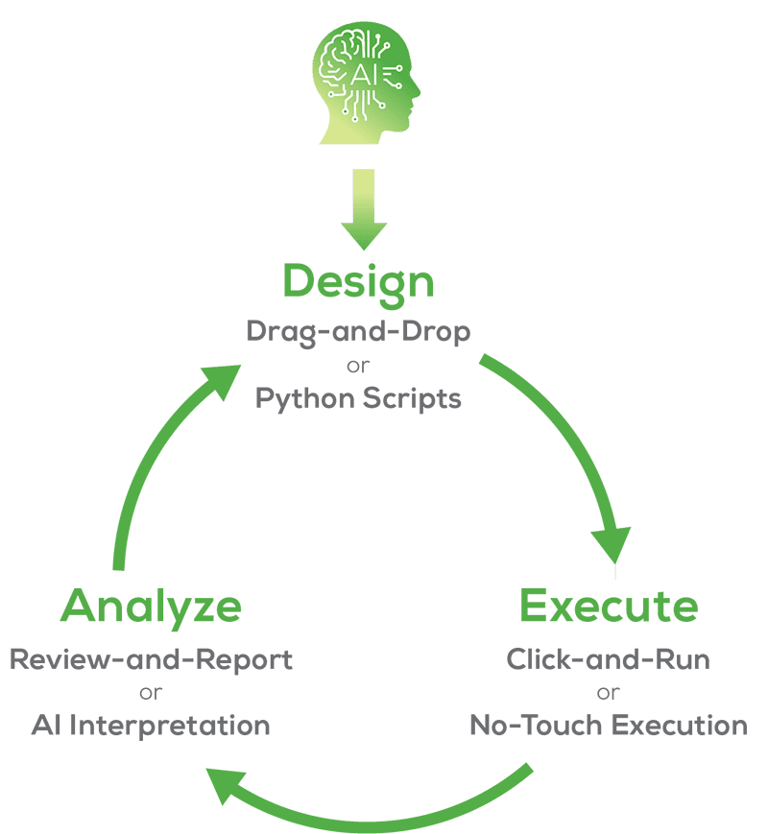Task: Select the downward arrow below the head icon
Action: pyautogui.click(x=364, y=210)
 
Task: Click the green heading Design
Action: pyautogui.click(x=358, y=282)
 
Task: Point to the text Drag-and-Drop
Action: pyautogui.click(x=358, y=332)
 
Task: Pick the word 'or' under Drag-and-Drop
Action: pyautogui.click(x=358, y=365)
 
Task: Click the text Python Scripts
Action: pyautogui.click(x=358, y=397)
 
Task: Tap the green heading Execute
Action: pyautogui.click(x=609, y=607)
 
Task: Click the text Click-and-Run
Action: pyautogui.click(x=608, y=660)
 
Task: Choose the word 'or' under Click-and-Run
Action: pyautogui.click(x=608, y=693)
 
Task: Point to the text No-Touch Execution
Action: pyautogui.click(x=608, y=726)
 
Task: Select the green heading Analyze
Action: pyautogui.click(x=151, y=607)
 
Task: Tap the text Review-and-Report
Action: pyautogui.click(x=151, y=660)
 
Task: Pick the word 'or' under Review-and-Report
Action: pyautogui.click(x=151, y=693)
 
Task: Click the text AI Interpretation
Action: pyautogui.click(x=151, y=726)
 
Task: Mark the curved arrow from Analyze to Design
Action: pyautogui.click(x=144, y=461)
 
